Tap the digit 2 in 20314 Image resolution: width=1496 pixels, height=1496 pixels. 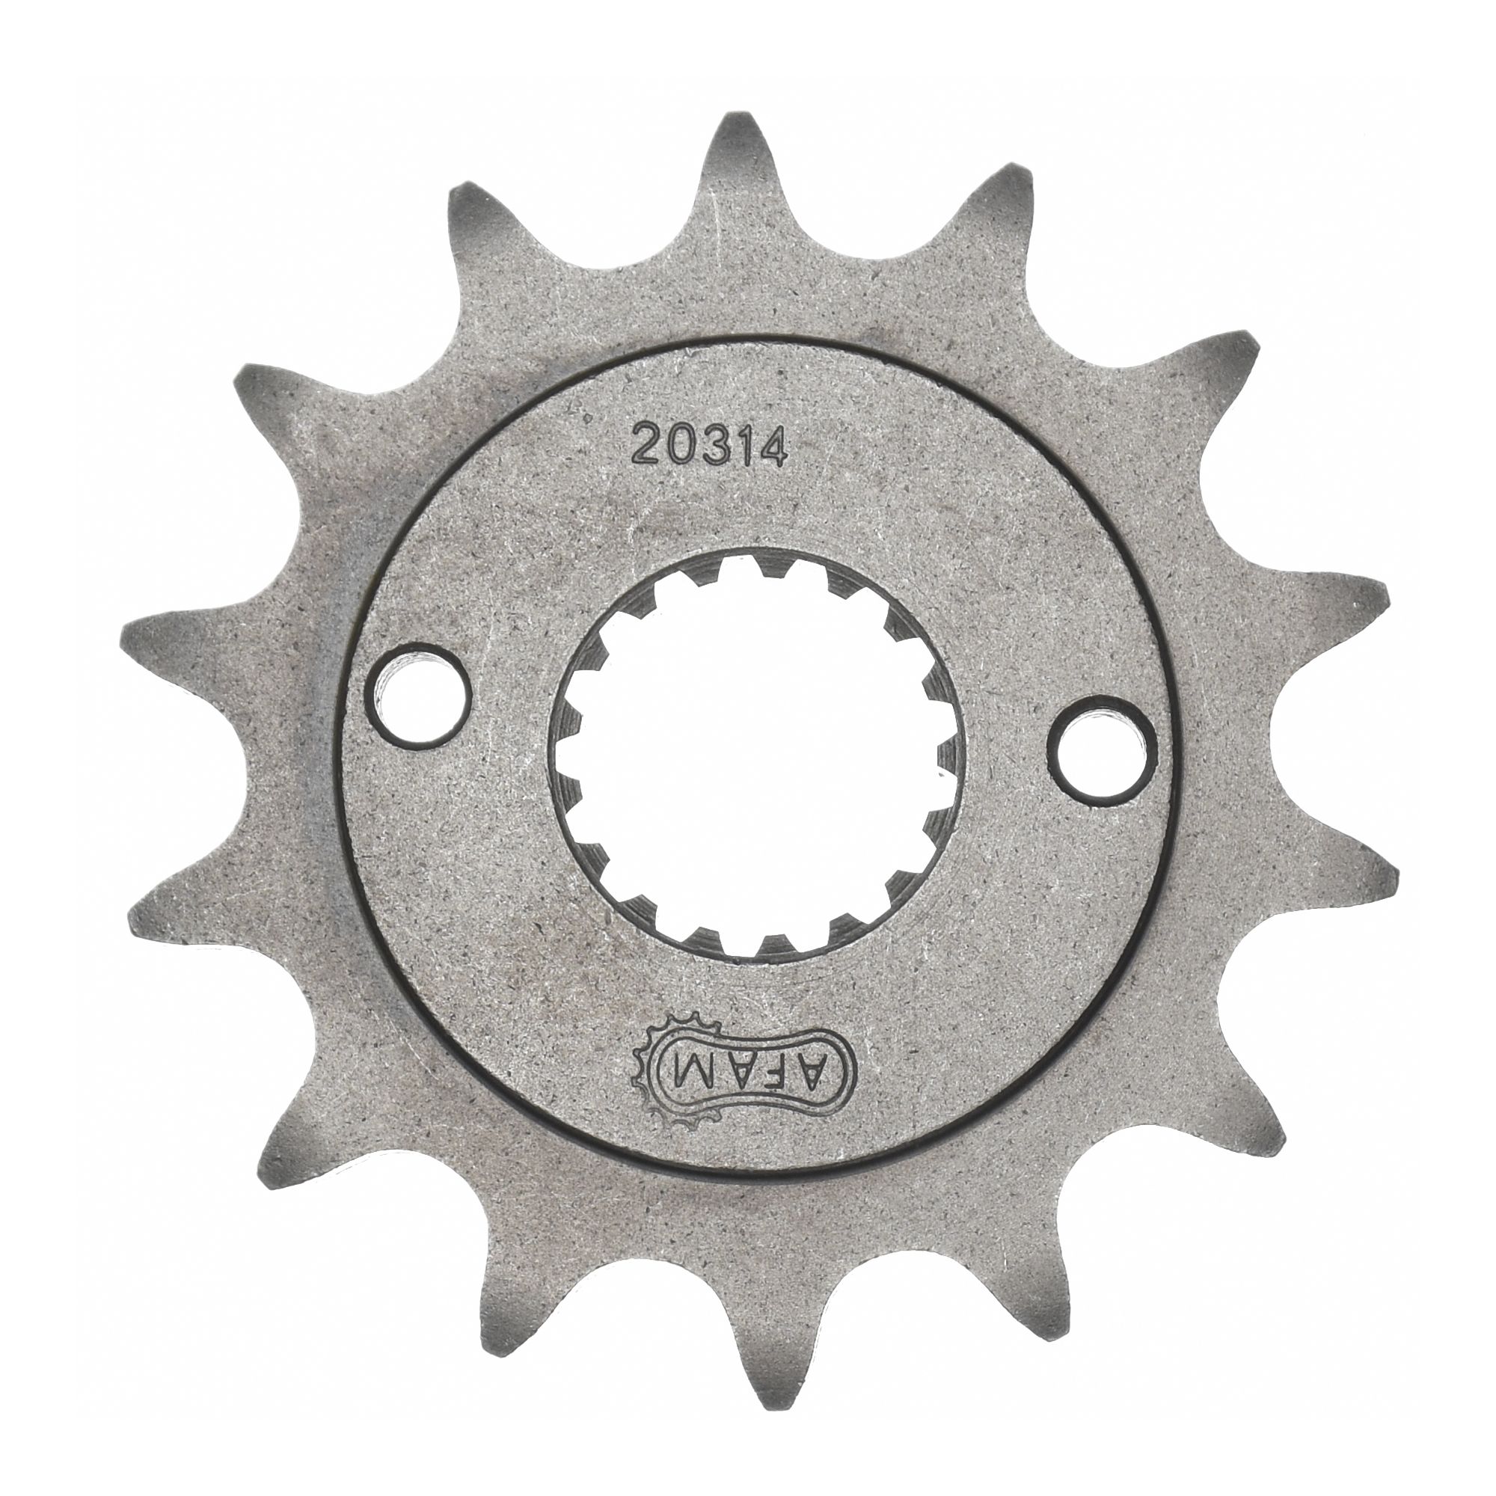(649, 447)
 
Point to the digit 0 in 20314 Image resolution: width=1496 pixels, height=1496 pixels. (679, 447)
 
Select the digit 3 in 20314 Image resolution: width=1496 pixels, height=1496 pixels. (711, 447)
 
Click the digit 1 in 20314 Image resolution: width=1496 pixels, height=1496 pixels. (740, 447)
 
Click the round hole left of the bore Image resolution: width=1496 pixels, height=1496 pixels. (419, 679)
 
